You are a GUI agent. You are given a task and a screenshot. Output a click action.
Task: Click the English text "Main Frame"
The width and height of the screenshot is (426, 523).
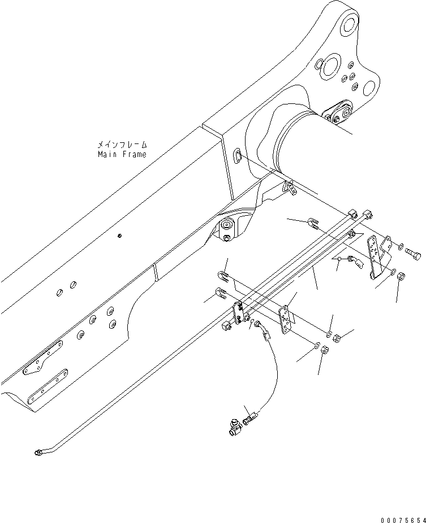coord(121,154)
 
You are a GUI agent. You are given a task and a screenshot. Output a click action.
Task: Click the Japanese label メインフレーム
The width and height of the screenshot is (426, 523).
coord(121,145)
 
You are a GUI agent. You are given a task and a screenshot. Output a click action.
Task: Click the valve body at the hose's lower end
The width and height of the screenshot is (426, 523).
coord(235,428)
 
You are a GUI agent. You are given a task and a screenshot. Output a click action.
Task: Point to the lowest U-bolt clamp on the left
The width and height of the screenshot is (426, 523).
coord(221,294)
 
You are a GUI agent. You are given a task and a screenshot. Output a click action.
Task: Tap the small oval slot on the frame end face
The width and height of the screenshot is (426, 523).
coord(238,155)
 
